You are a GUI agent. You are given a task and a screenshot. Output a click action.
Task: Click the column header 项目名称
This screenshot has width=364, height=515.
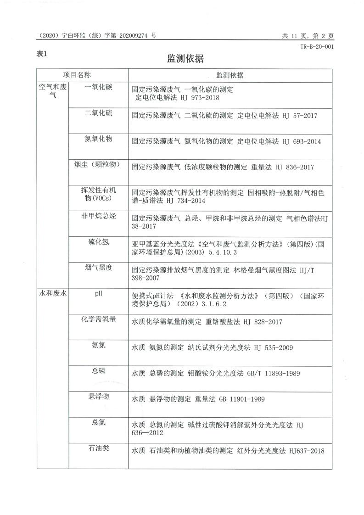(77, 75)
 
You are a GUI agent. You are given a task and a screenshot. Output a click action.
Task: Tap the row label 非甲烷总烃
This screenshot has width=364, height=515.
(98, 217)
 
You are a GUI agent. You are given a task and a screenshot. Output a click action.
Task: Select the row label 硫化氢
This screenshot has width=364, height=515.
(98, 242)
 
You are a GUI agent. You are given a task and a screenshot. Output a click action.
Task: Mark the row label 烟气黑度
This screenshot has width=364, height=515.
(98, 268)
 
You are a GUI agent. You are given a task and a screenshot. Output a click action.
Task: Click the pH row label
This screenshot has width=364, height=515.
(98, 294)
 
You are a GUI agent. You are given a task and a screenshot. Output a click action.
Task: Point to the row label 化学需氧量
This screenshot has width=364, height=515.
(98, 319)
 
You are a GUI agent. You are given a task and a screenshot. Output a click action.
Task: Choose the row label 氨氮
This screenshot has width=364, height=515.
(98, 345)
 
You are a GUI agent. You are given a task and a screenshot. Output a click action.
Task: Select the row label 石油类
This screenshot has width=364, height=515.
(98, 448)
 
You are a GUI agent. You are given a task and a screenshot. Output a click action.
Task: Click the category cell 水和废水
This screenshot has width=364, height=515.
(53, 294)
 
